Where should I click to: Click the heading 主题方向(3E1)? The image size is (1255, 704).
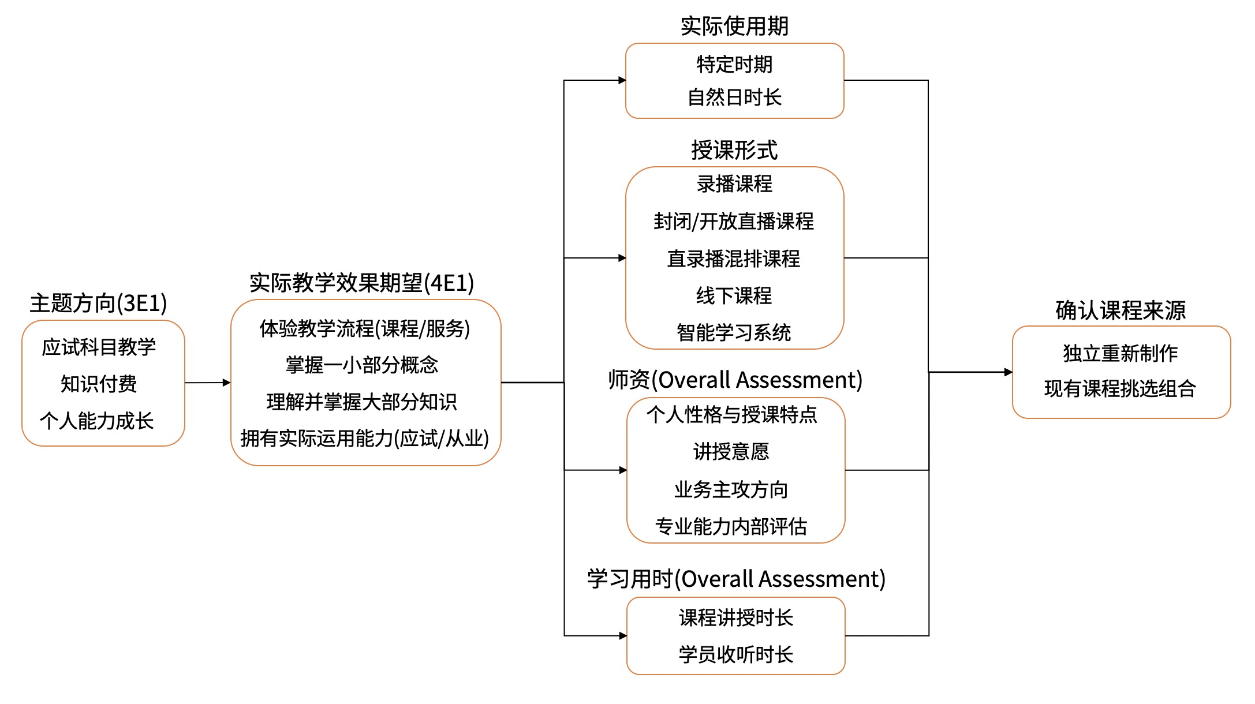click(x=98, y=304)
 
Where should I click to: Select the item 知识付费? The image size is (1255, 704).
click(x=99, y=384)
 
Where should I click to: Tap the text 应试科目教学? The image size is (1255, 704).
click(x=99, y=347)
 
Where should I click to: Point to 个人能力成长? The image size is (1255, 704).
click(x=97, y=421)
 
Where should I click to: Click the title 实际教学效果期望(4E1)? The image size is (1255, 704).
click(x=361, y=283)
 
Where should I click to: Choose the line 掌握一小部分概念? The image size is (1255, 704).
click(x=362, y=365)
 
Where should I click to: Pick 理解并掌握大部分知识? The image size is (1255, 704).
click(x=362, y=402)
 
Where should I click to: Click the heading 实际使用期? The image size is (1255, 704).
click(x=734, y=26)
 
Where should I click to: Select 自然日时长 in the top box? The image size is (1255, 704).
click(x=734, y=97)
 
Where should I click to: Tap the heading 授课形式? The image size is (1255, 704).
click(x=734, y=150)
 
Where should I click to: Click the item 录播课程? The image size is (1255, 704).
click(x=734, y=184)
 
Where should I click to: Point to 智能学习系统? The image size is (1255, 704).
click(x=734, y=332)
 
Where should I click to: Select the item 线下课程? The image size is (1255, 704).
click(x=734, y=295)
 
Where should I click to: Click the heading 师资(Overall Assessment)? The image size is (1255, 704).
click(x=735, y=380)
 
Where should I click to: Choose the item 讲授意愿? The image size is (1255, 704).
click(x=731, y=451)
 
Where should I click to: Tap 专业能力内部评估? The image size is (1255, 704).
click(x=731, y=526)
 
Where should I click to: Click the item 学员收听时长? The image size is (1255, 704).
click(x=736, y=654)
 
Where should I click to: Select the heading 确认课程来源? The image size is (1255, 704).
click(x=1120, y=310)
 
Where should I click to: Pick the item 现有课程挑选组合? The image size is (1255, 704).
click(x=1120, y=388)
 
